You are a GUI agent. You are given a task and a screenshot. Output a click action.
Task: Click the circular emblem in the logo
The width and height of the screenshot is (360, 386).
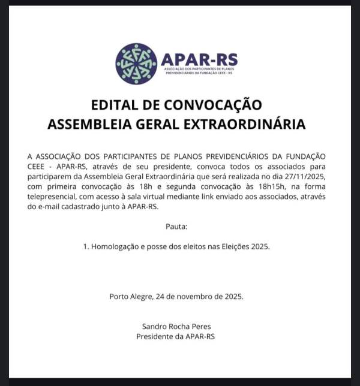136,64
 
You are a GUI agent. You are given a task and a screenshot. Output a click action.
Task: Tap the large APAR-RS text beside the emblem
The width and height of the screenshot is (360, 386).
199,59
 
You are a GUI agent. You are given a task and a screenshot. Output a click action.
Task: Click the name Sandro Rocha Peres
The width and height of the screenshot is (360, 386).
176,327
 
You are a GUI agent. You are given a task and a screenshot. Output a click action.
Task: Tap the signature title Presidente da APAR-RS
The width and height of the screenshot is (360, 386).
176,336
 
